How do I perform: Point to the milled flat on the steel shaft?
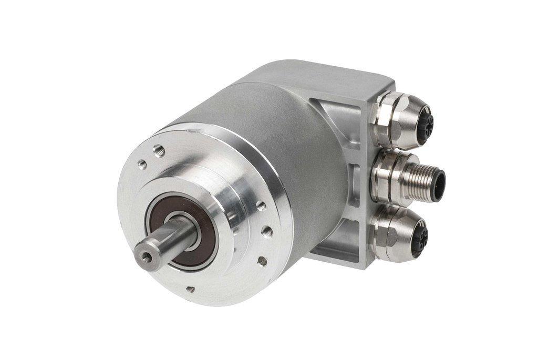167,234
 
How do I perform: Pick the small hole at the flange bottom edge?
190,289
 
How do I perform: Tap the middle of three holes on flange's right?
267,230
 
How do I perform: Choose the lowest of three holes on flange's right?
261,260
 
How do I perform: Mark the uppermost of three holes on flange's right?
261,206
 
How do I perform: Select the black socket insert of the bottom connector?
421,238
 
